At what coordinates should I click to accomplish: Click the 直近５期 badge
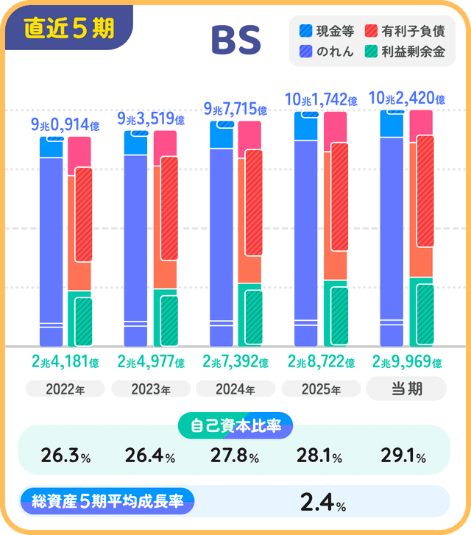pyautogui.click(x=68, y=28)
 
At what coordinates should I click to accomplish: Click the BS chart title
pyautogui.click(x=235, y=40)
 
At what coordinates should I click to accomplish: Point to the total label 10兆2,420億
pyautogui.click(x=406, y=98)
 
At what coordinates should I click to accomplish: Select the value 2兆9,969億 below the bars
pyautogui.click(x=406, y=362)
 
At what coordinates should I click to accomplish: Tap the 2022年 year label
pyautogui.click(x=65, y=389)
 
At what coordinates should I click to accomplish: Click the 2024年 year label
pyautogui.click(x=235, y=389)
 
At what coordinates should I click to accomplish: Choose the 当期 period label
pyautogui.click(x=406, y=389)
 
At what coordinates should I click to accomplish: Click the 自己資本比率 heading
pyautogui.click(x=235, y=425)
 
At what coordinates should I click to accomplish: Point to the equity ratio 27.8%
pyautogui.click(x=235, y=457)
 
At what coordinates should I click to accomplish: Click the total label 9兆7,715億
pyautogui.click(x=235, y=110)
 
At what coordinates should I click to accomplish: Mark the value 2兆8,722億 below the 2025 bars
pyautogui.click(x=321, y=362)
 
